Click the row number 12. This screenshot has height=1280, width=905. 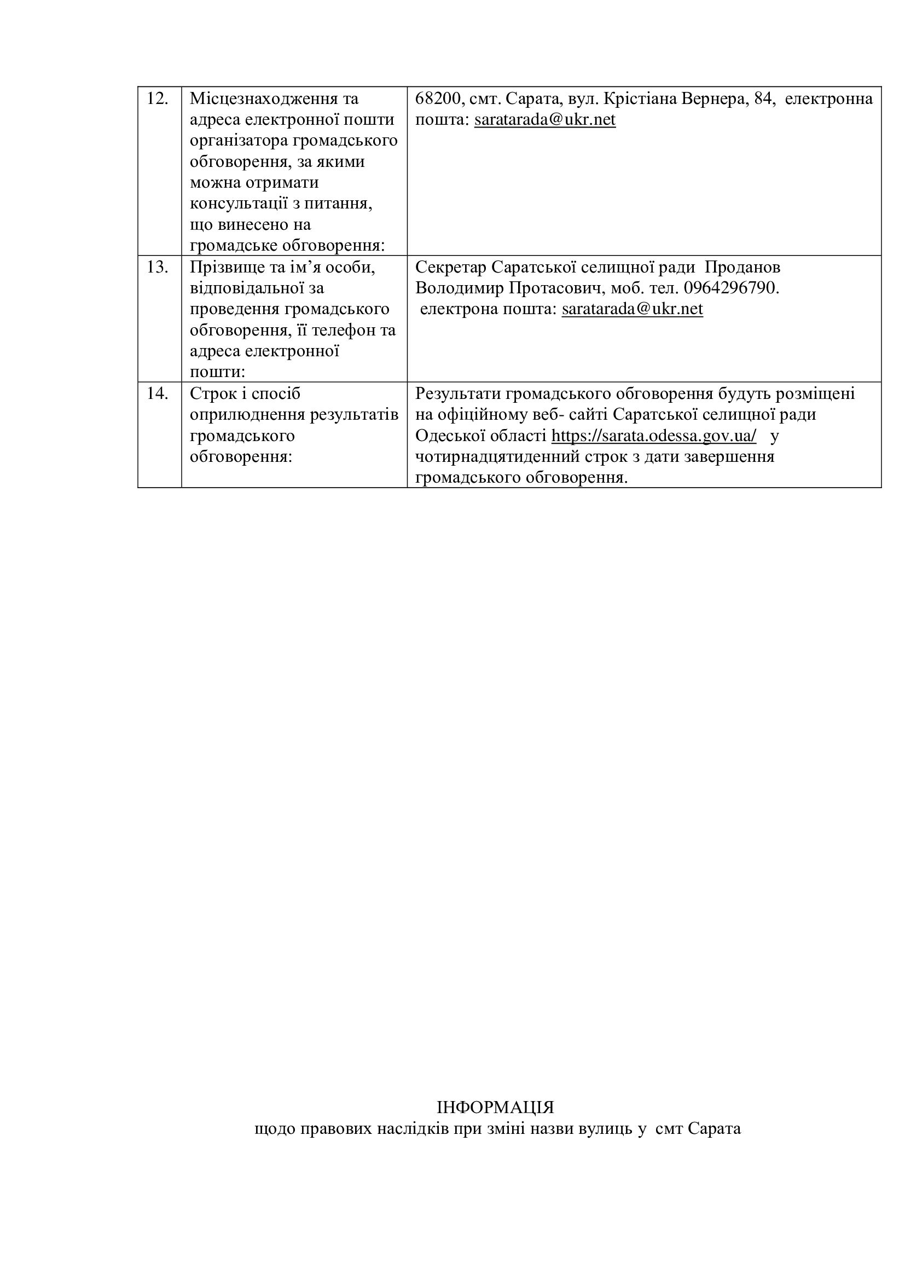click(157, 99)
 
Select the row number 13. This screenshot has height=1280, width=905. click(157, 268)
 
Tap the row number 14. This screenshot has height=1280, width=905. click(157, 393)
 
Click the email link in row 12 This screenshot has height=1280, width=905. click(544, 120)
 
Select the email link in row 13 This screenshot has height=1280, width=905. click(632, 309)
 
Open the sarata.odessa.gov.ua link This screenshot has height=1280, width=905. click(654, 436)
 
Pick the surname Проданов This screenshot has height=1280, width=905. click(742, 268)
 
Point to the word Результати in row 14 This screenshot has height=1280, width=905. click(457, 393)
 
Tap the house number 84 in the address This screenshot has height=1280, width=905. click(763, 99)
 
